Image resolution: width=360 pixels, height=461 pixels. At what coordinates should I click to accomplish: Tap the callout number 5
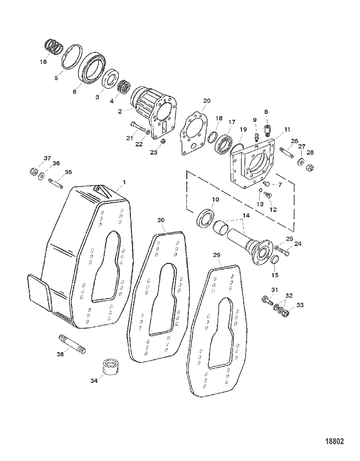56,78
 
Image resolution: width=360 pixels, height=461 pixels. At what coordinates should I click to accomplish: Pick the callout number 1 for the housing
124,182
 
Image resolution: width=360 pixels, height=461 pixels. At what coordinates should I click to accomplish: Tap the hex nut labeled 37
34,171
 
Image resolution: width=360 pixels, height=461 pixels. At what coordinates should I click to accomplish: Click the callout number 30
161,220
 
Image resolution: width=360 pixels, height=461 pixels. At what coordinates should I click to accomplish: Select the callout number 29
217,255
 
